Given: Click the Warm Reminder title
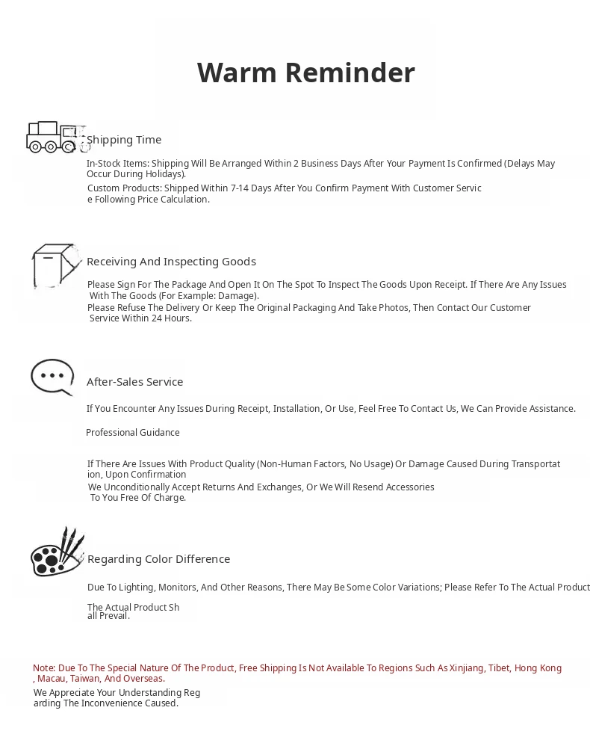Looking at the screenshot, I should click(x=305, y=73).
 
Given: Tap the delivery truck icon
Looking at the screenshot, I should click(x=55, y=138).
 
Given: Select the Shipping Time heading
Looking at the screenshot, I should click(x=124, y=140).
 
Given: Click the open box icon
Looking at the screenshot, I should click(x=55, y=265).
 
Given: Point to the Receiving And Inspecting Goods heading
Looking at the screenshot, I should click(x=171, y=262).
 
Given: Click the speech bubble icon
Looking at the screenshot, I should click(x=52, y=377).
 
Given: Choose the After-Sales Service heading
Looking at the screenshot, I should click(x=134, y=382).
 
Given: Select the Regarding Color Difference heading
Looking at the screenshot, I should click(x=158, y=559).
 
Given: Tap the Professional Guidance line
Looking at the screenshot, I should click(x=133, y=433).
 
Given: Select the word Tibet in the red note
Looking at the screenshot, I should click(x=498, y=668).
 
